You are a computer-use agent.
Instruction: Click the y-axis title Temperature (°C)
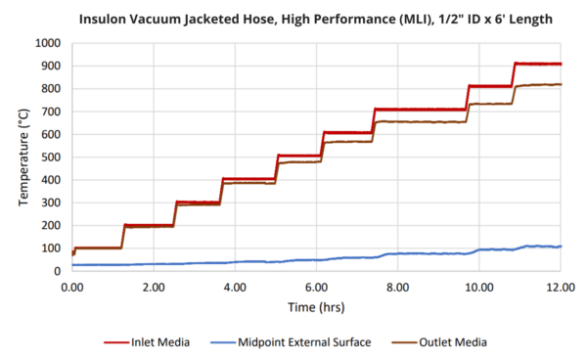[24, 157]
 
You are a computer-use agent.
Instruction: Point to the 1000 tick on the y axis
[47, 43]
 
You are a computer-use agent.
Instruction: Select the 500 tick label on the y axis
[51, 157]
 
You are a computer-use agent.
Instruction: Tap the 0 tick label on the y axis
[59, 271]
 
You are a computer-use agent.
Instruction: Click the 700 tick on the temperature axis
[51, 112]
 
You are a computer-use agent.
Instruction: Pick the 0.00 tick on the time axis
[71, 289]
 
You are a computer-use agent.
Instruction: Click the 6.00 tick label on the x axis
[316, 289]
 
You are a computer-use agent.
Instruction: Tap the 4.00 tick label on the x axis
[235, 289]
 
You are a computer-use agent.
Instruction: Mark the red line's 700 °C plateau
[421, 110]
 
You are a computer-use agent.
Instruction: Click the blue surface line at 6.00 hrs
[316, 259]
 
